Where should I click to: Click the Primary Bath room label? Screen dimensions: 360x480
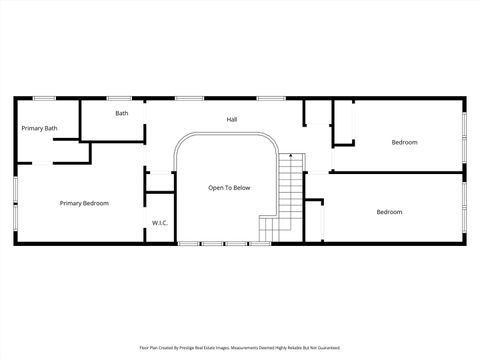pyautogui.click(x=39, y=128)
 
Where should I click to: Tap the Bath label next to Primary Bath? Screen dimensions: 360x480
pyautogui.click(x=121, y=113)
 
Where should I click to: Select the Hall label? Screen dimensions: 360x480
pyautogui.click(x=232, y=120)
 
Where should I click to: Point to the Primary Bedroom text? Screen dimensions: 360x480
pyautogui.click(x=84, y=203)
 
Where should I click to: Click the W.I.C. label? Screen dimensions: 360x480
pyautogui.click(x=159, y=222)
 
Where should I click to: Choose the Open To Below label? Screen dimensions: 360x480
pyautogui.click(x=229, y=187)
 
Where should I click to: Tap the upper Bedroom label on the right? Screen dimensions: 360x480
pyautogui.click(x=404, y=142)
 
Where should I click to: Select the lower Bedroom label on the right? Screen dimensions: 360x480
pyautogui.click(x=389, y=212)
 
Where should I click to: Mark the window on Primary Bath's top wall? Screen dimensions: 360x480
pyautogui.click(x=44, y=98)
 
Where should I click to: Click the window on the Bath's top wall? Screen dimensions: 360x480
pyautogui.click(x=120, y=98)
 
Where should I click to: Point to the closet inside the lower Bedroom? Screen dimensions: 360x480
pyautogui.click(x=314, y=219)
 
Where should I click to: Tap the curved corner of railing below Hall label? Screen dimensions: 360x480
pyautogui.click(x=268, y=142)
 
